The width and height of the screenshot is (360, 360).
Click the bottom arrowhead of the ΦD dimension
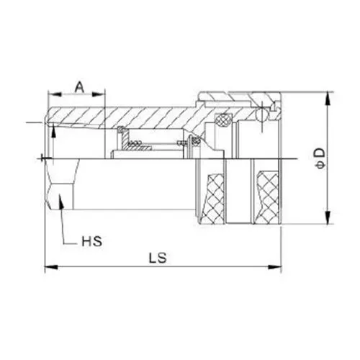[328, 222]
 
